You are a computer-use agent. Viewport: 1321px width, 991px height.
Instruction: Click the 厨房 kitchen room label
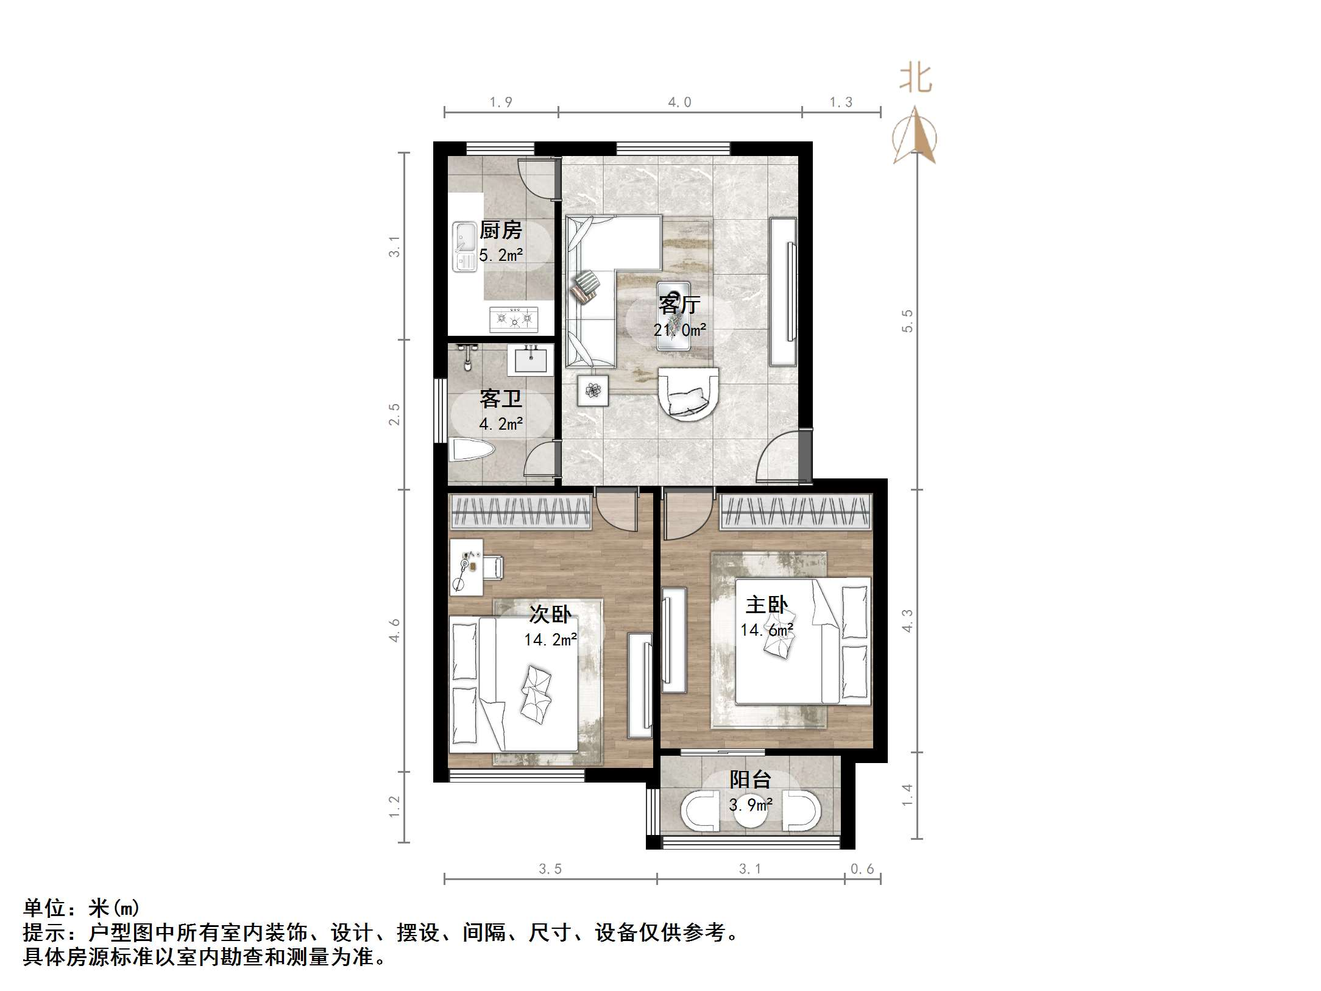pos(500,230)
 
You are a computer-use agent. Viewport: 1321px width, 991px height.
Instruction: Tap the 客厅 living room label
pos(679,304)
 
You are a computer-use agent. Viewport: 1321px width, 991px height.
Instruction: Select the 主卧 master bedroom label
pos(767,605)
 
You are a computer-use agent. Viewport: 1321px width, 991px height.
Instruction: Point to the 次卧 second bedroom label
pos(550,614)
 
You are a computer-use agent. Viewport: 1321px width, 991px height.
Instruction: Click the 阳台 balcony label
pos(750,780)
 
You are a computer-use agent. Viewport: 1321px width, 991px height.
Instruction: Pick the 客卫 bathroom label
pos(500,399)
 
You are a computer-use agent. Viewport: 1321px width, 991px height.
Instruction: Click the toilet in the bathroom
pos(472,452)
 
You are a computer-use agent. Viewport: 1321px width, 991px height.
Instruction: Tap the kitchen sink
pos(464,246)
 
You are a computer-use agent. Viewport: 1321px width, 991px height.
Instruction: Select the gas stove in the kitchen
pos(514,319)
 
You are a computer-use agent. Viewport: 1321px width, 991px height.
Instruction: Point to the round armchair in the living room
pos(689,392)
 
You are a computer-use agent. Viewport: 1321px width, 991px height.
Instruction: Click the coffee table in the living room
pos(673,315)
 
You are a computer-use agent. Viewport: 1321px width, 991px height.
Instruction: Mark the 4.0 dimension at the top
pos(679,102)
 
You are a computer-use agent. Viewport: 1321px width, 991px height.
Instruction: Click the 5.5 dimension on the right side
pos(907,321)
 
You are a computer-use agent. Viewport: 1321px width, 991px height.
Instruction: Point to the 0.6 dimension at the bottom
pos(862,869)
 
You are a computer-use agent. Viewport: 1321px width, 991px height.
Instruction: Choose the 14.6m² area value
pos(767,630)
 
